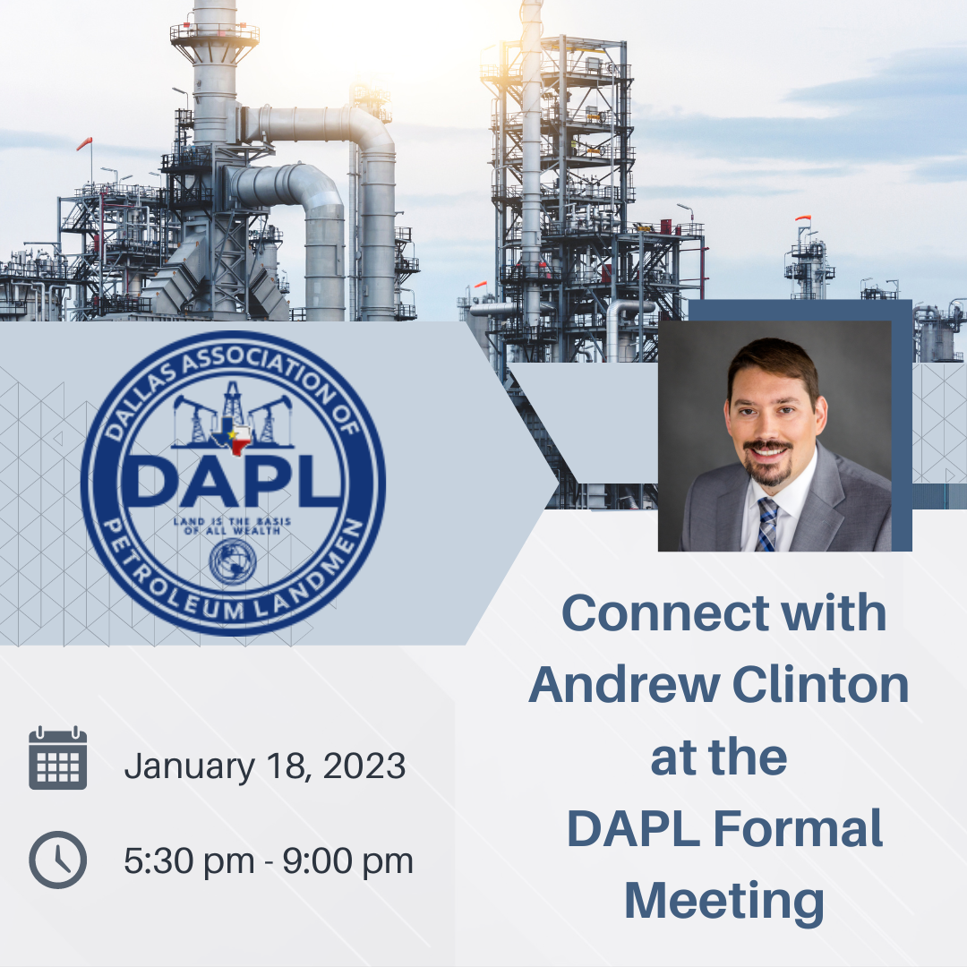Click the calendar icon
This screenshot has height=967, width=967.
[58, 758]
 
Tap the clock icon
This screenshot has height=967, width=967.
[58, 860]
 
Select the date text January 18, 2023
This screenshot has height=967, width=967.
[265, 766]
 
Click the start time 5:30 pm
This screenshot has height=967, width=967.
[189, 861]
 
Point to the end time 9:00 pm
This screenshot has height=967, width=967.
[347, 861]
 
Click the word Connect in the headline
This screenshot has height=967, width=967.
[665, 613]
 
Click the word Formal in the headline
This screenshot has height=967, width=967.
[798, 828]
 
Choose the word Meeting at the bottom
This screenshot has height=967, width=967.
[724, 902]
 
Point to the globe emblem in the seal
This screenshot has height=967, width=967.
[233, 561]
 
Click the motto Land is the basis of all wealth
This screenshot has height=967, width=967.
[233, 526]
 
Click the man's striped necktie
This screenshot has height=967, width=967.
[766, 524]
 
